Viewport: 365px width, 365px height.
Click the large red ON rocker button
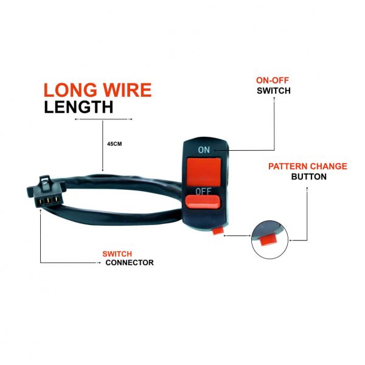click(204, 172)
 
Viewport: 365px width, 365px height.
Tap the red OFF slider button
click(203, 201)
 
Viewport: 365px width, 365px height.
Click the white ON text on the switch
click(204, 150)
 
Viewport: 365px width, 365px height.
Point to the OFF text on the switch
click(203, 191)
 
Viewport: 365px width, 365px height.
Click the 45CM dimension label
click(114, 144)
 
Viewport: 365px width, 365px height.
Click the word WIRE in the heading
click(127, 90)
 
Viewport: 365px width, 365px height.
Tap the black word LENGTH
click(78, 107)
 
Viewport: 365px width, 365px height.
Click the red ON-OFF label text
click(273, 80)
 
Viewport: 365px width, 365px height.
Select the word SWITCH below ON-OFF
click(274, 91)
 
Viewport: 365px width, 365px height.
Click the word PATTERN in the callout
click(288, 167)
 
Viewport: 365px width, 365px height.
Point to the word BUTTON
click(308, 176)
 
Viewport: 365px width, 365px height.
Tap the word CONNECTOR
click(130, 263)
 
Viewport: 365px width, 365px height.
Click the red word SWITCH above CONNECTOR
click(117, 254)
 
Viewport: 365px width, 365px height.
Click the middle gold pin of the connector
click(48, 200)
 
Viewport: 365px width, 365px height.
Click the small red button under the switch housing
click(218, 231)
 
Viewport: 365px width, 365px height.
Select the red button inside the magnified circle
click(268, 240)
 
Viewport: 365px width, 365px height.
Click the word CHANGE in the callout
click(328, 167)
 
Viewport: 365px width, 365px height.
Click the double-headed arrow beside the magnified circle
click(237, 235)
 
